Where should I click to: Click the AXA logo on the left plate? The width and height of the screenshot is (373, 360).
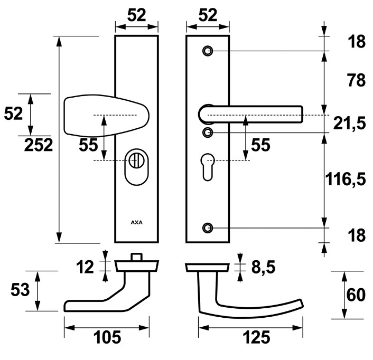click(x=136, y=222)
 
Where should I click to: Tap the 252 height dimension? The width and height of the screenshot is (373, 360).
click(x=39, y=145)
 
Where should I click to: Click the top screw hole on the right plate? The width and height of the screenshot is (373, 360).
click(x=208, y=51)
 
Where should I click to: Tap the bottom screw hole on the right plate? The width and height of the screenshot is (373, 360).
click(x=208, y=228)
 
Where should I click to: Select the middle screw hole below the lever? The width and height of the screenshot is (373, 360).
click(x=208, y=132)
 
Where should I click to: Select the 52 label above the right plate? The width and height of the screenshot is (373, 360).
click(x=208, y=16)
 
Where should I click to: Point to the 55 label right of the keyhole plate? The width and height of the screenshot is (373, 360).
click(x=260, y=145)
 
